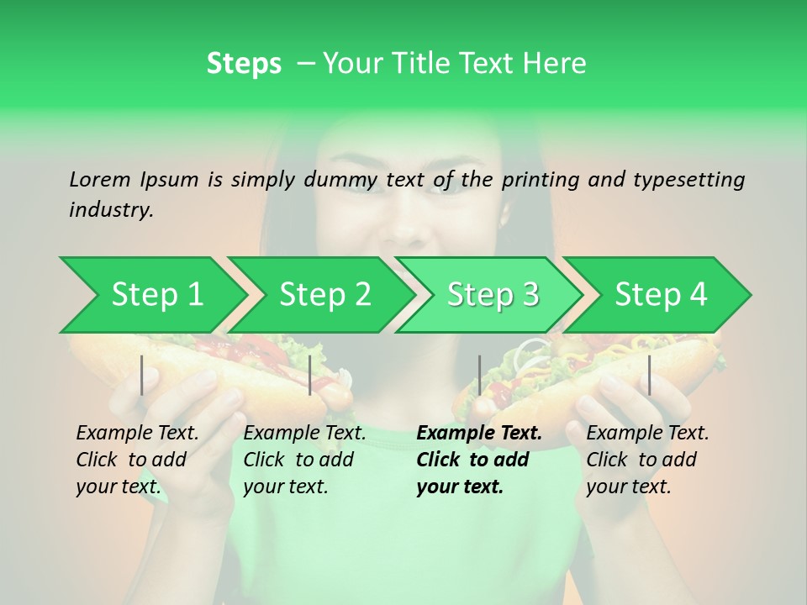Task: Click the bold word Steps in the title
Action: click(x=244, y=64)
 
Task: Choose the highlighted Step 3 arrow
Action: click(x=493, y=294)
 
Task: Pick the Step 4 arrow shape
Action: click(x=661, y=294)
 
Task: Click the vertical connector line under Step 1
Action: click(x=142, y=375)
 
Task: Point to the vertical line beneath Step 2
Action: click(x=310, y=375)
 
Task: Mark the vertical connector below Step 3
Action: click(x=479, y=375)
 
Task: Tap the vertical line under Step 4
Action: click(x=649, y=375)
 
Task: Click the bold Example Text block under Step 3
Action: click(x=479, y=460)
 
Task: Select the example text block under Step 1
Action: click(x=137, y=460)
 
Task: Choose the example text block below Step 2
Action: click(x=304, y=460)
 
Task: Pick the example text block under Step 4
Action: click(x=647, y=460)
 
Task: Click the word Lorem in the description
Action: click(x=99, y=179)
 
